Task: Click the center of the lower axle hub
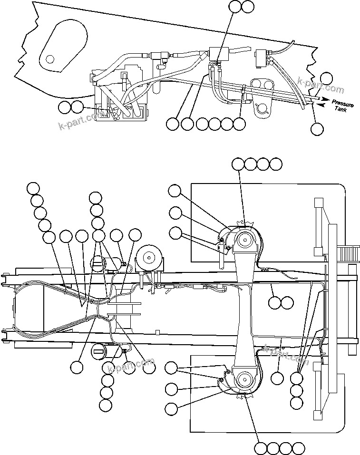[245, 379]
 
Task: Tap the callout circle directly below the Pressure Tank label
[317, 128]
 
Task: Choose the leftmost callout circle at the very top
[235, 7]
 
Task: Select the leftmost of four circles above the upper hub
[238, 164]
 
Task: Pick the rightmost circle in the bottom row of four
[298, 448]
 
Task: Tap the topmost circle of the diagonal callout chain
[33, 188]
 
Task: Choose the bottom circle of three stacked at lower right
[296, 403]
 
